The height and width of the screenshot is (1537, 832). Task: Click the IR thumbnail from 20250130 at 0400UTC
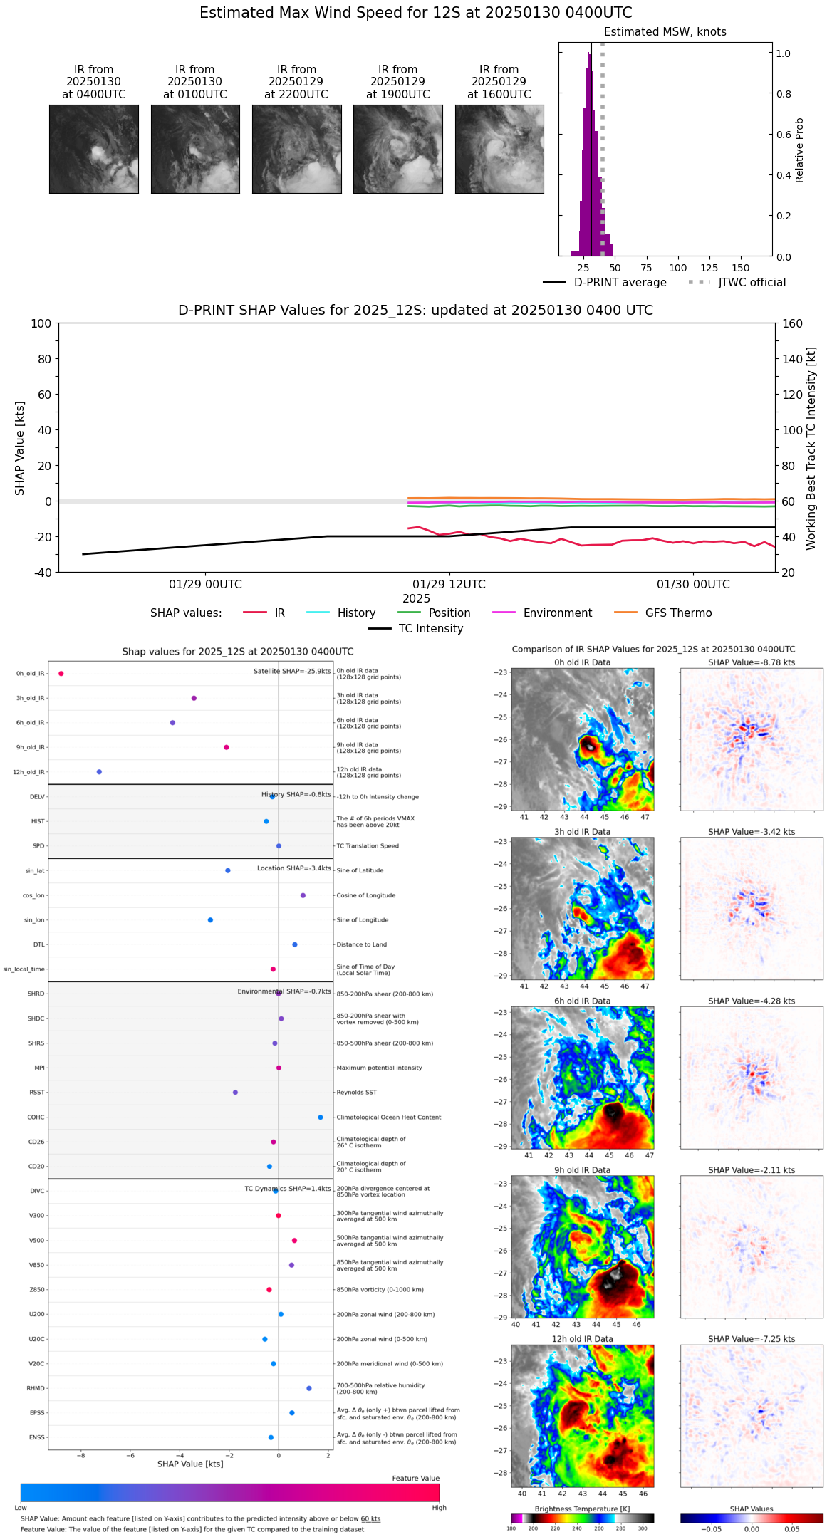(x=94, y=149)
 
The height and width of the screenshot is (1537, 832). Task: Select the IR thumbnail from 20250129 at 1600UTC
(x=499, y=149)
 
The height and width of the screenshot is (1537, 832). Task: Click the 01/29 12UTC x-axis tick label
(x=449, y=585)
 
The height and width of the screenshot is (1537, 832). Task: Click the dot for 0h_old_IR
(x=61, y=674)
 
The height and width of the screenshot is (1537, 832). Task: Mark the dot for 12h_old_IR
(x=99, y=772)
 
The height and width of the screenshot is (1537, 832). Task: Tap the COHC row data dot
(x=321, y=1117)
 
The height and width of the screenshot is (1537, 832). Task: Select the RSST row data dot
(x=235, y=1093)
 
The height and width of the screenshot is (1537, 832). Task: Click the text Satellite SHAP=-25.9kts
(x=292, y=672)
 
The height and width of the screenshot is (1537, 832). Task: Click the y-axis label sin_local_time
(x=24, y=969)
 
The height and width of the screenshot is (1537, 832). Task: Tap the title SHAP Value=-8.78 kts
(x=752, y=662)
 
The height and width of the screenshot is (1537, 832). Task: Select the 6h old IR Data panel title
(x=582, y=1001)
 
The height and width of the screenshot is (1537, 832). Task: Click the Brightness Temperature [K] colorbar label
(x=582, y=1509)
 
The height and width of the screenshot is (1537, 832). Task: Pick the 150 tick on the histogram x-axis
(x=741, y=268)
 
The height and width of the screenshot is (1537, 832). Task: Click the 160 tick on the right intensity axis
(x=792, y=324)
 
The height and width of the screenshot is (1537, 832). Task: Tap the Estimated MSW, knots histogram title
(x=665, y=32)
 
